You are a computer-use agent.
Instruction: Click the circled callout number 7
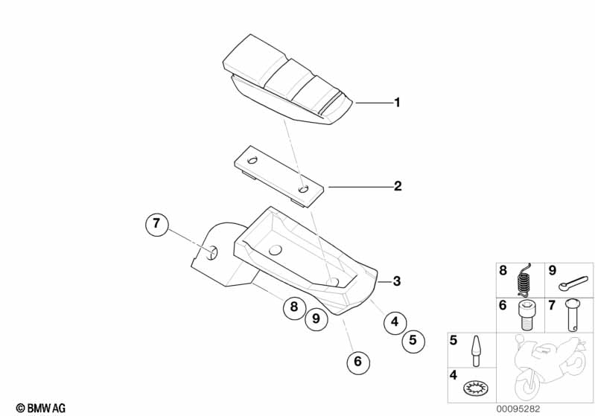(157, 224)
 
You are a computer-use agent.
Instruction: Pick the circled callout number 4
(395, 322)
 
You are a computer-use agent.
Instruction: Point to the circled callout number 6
(357, 362)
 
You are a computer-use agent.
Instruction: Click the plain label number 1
(397, 103)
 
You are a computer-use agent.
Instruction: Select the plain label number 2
(398, 186)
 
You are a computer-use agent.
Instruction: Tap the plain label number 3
(397, 281)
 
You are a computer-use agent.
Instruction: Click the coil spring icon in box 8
(525, 281)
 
